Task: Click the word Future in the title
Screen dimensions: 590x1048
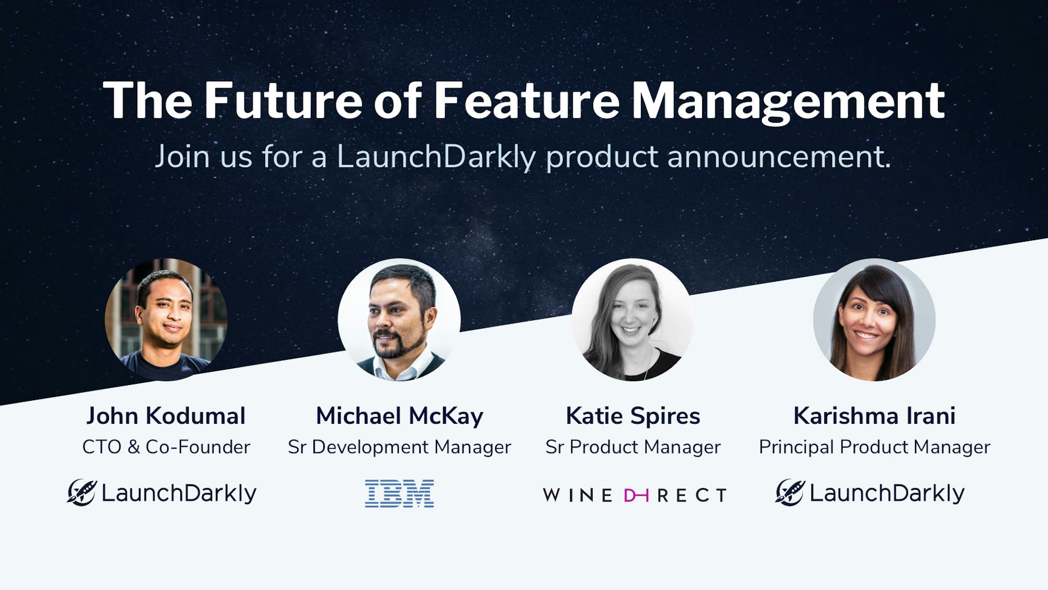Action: point(283,101)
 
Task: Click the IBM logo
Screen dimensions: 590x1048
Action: point(399,494)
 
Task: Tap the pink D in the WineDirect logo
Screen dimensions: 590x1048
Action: point(636,495)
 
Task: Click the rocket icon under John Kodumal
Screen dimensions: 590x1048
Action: point(82,492)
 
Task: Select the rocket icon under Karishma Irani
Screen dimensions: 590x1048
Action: point(790,492)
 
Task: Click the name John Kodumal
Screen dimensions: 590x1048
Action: point(166,416)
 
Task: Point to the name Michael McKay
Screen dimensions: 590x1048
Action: point(399,416)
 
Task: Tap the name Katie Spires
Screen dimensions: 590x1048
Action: point(632,416)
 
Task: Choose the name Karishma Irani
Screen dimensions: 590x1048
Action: point(874,416)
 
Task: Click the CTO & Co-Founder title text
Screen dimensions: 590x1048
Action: point(166,447)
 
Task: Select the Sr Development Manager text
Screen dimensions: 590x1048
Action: point(399,447)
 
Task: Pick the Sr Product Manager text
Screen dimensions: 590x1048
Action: point(632,447)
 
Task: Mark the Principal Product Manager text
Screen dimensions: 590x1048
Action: point(874,447)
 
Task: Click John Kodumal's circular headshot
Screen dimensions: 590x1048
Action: point(166,319)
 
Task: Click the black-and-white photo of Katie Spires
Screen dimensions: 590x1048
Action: point(632,319)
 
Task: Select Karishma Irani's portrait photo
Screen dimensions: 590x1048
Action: point(874,319)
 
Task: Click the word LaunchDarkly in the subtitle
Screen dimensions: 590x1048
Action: point(436,157)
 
